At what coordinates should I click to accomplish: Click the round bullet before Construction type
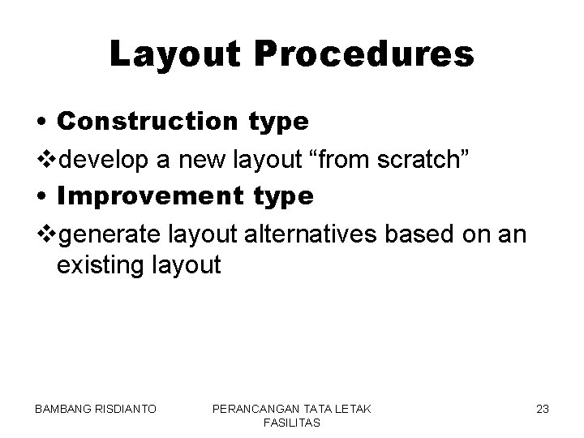41,122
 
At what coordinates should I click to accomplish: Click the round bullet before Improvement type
41,197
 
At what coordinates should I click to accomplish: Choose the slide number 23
542,410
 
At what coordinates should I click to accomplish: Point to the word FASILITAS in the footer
292,423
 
